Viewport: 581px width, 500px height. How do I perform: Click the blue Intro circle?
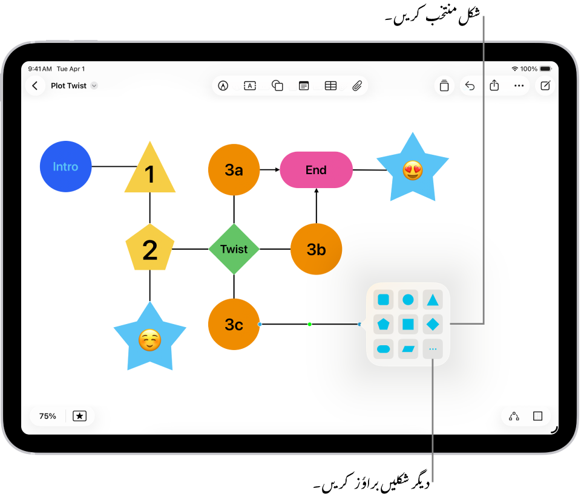pyautogui.click(x=65, y=166)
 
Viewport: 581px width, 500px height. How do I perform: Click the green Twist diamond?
pyautogui.click(x=234, y=249)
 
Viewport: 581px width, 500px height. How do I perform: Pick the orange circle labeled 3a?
pyautogui.click(x=234, y=170)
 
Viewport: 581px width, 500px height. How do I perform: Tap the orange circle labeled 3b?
pyautogui.click(x=316, y=249)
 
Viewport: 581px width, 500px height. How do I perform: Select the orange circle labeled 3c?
pyautogui.click(x=234, y=324)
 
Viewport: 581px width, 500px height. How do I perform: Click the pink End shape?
pyautogui.click(x=316, y=170)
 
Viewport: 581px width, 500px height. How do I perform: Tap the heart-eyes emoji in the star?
pyautogui.click(x=413, y=170)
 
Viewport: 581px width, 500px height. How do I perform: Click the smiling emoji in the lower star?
pyautogui.click(x=149, y=340)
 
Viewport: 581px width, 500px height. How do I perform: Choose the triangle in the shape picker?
pyautogui.click(x=432, y=299)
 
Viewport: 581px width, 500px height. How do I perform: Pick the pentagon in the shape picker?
pyautogui.click(x=383, y=324)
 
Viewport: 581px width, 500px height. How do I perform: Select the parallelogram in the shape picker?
pyautogui.click(x=408, y=349)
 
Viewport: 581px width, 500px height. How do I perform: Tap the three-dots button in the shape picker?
pyautogui.click(x=432, y=349)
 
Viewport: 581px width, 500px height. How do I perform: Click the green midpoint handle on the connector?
pyautogui.click(x=309, y=324)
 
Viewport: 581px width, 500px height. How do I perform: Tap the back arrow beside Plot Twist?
pyautogui.click(x=34, y=86)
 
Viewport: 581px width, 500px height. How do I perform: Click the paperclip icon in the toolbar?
pyautogui.click(x=357, y=86)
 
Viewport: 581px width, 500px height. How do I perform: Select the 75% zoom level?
pyautogui.click(x=48, y=416)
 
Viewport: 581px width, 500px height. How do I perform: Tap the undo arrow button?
pyautogui.click(x=470, y=86)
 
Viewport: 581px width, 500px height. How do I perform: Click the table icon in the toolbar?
pyautogui.click(x=330, y=86)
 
